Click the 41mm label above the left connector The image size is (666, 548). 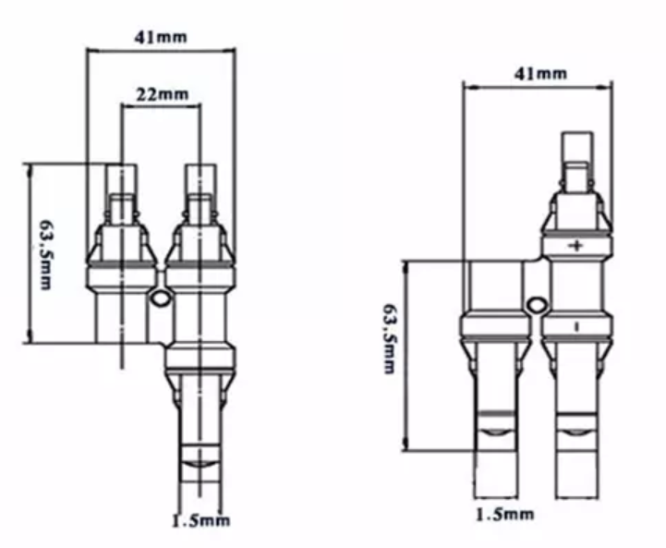161,37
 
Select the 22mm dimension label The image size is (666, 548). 162,94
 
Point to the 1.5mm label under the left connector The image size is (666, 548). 200,520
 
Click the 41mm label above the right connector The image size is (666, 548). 540,74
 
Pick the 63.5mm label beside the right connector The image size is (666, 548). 389,338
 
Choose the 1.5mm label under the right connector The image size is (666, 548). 504,515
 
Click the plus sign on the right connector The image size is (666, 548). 576,246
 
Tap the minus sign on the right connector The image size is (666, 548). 576,327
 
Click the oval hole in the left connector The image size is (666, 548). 160,298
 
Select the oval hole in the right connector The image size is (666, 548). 536,305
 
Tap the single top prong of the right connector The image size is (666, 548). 576,147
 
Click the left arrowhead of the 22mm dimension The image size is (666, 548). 127,105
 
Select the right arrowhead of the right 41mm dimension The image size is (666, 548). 607,87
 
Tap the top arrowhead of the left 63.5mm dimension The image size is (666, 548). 30,169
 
